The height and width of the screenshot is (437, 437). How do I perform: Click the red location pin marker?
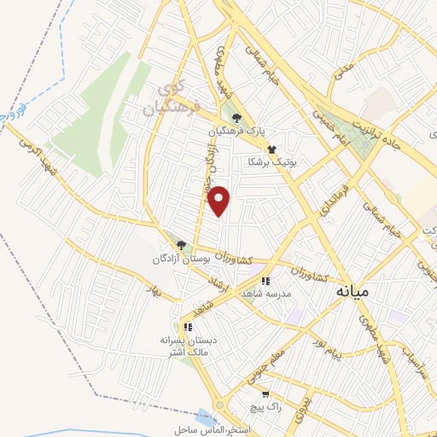(220, 201)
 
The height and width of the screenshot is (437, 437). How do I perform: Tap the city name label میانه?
(352, 292)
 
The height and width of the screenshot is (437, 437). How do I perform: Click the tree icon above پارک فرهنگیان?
(237, 119)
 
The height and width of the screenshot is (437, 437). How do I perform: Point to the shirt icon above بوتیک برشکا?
(271, 148)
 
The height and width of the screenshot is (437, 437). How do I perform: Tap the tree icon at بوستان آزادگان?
(179, 245)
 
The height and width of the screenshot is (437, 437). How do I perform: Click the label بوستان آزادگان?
(180, 259)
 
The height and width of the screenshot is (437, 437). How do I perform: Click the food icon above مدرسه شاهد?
(266, 280)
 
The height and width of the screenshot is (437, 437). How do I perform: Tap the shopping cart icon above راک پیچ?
(265, 394)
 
